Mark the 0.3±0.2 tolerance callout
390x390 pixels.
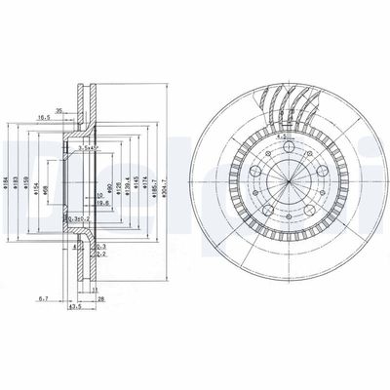pyautogui.click(x=85, y=220)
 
